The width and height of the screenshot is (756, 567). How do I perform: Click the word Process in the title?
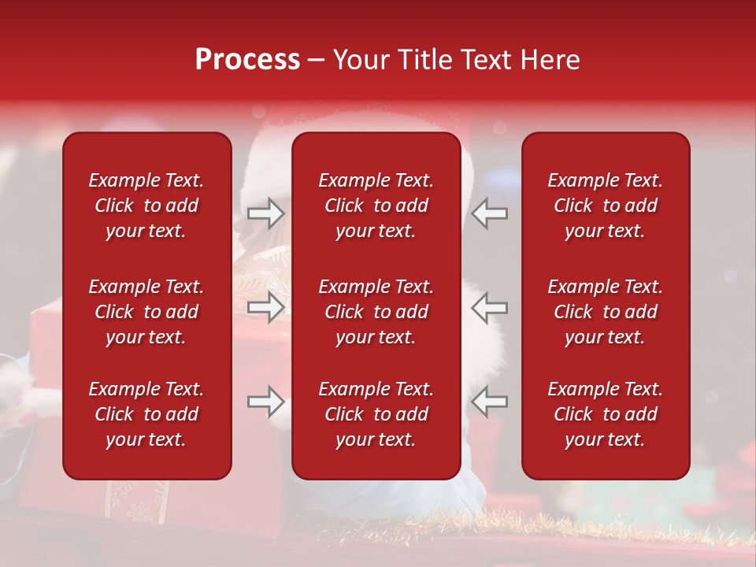(x=247, y=60)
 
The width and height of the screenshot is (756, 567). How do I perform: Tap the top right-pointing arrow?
(x=266, y=213)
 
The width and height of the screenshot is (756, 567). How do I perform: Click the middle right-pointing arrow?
(x=266, y=307)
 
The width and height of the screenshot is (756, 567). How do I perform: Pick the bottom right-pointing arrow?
(x=266, y=402)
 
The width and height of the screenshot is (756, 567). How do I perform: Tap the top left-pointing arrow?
(x=489, y=213)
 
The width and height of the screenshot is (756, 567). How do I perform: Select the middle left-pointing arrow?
(x=489, y=307)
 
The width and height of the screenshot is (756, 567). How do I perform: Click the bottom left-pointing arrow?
(x=489, y=402)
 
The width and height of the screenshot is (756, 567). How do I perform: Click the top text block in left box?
(x=146, y=206)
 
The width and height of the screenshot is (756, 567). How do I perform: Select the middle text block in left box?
(x=146, y=312)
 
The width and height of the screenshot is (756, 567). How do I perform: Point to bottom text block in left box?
(x=146, y=414)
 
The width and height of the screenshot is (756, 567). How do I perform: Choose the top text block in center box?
(x=376, y=206)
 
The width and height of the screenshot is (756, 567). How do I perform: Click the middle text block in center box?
(x=376, y=312)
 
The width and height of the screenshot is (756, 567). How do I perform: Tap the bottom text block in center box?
(x=376, y=414)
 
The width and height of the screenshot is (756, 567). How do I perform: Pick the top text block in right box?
(x=605, y=206)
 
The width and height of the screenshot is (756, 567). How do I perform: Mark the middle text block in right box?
(x=605, y=312)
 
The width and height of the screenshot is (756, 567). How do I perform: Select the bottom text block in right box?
(x=605, y=414)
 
